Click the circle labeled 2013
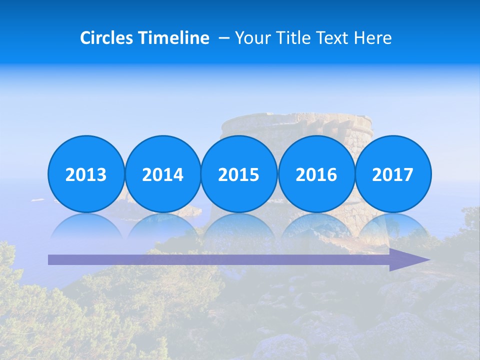tap(86, 174)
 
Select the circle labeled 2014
tap(162, 174)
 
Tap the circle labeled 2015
tap(239, 174)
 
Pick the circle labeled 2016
tap(316, 174)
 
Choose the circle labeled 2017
tap(393, 174)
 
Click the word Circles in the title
tap(106, 38)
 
